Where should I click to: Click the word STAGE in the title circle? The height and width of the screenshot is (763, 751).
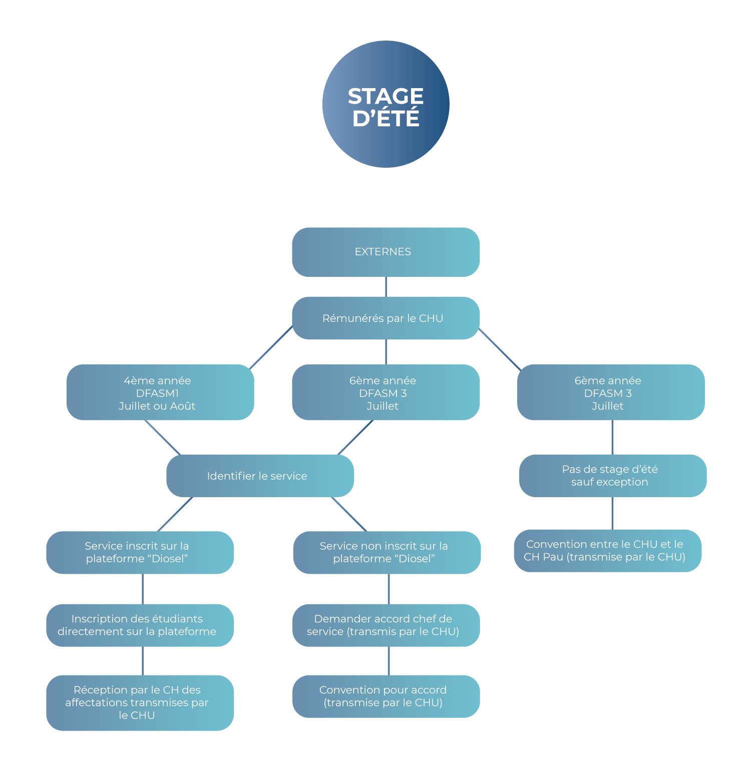386,96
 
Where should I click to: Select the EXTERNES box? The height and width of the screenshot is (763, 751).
386,252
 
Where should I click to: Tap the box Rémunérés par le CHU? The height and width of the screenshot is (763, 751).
386,318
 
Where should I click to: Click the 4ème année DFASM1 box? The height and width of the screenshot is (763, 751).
160,392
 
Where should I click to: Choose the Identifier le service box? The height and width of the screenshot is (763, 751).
260,476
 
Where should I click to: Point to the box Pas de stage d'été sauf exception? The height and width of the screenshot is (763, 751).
612,476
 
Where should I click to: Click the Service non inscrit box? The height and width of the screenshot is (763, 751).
387,552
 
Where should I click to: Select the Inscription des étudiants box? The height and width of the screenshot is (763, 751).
140,625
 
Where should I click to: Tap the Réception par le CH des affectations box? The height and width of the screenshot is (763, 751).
140,702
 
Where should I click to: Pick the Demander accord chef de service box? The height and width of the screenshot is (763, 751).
386,625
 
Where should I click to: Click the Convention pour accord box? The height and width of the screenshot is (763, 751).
386,696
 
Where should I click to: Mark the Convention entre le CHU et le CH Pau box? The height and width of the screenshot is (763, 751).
607,551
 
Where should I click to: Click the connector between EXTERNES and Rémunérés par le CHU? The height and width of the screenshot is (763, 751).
386,287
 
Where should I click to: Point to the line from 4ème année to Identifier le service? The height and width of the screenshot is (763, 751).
163,437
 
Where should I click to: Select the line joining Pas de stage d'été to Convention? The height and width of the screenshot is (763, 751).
612,513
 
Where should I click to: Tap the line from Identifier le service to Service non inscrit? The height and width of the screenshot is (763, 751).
349,514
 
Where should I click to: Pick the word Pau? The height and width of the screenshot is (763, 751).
553,557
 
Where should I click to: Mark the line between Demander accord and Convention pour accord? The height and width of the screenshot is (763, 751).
389,661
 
